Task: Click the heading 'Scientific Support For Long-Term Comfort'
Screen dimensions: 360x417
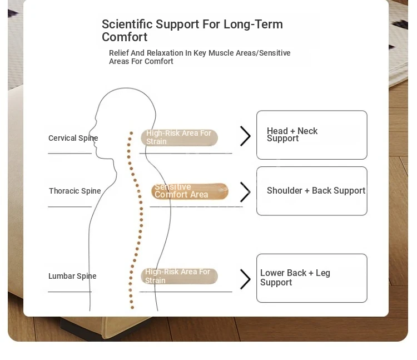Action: [192, 31]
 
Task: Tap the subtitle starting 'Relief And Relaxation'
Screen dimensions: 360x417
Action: [199, 57]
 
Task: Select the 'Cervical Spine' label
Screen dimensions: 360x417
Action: [73, 138]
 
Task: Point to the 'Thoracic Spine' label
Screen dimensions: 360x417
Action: [75, 191]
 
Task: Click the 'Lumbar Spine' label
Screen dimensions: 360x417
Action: [72, 276]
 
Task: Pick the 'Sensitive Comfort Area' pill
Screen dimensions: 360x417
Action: [190, 191]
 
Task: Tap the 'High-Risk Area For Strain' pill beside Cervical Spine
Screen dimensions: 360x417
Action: [179, 137]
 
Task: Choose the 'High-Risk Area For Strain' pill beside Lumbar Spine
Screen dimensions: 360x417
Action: [179, 276]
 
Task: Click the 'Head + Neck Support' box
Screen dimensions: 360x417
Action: [311, 135]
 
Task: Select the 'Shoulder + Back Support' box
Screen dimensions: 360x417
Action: [311, 191]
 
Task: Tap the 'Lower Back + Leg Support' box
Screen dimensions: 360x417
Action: [311, 278]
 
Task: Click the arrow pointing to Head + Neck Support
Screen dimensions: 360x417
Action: [245, 136]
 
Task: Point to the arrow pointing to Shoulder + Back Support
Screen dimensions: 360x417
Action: [245, 192]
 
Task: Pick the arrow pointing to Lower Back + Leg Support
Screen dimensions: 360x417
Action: [245, 279]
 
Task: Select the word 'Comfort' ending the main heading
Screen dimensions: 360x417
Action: [125, 37]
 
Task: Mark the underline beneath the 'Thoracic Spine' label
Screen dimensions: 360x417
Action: [69, 206]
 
